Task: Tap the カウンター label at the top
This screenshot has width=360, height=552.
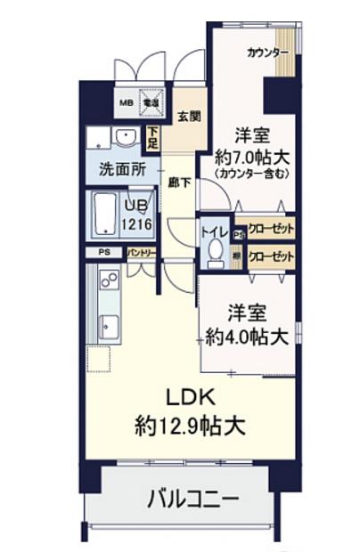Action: point(267,52)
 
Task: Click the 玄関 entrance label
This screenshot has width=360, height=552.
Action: point(187,116)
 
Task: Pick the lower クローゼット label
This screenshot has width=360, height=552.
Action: point(271,256)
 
